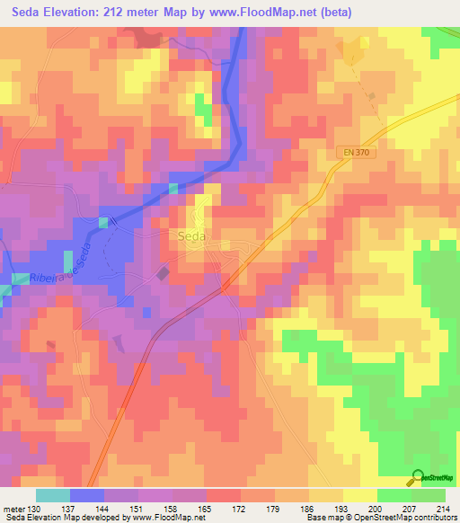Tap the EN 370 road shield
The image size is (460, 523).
(356, 154)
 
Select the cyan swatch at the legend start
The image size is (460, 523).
(52, 495)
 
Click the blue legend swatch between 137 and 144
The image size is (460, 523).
(87, 495)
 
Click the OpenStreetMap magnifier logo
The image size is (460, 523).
(418, 478)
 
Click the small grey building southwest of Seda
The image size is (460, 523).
(164, 272)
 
